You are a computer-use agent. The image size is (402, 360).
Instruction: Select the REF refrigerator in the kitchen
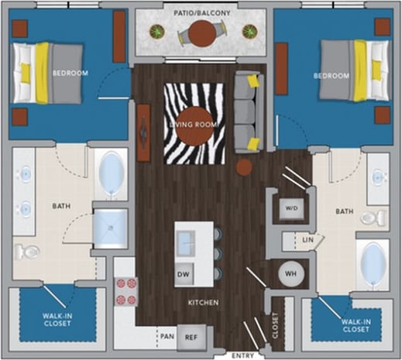pos(191,337)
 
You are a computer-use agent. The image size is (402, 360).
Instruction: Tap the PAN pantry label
pos(166,337)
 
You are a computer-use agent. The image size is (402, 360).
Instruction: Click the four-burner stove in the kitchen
pos(125,291)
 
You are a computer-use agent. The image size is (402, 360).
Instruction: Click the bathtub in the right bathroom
pos(373,264)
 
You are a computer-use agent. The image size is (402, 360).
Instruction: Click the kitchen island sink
pos(185,241)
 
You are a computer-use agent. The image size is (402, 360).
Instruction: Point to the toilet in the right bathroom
pos(374,218)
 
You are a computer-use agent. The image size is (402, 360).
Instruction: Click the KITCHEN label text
pos(201,302)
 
